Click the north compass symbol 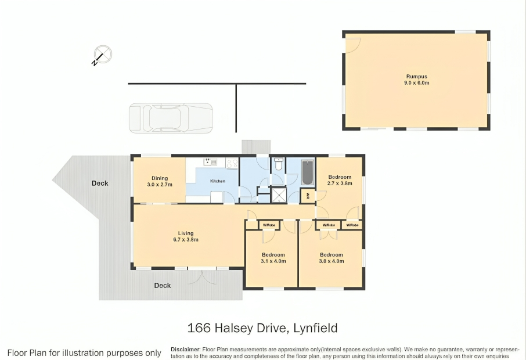(x=102, y=55)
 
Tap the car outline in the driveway (x=171, y=118)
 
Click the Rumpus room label (x=417, y=77)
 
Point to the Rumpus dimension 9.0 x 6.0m (x=417, y=83)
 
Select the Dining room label (x=160, y=178)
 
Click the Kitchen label (x=218, y=181)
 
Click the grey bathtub (x=308, y=172)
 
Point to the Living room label (x=186, y=233)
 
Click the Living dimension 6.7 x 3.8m (x=186, y=240)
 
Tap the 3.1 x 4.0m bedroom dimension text (x=273, y=261)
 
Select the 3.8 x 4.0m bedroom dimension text (x=332, y=261)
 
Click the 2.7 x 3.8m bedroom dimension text (x=340, y=183)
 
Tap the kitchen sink (x=210, y=162)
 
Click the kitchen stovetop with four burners (x=232, y=163)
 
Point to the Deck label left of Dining (x=100, y=183)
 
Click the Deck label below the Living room (x=163, y=286)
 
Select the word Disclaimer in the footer (x=186, y=350)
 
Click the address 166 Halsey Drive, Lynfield (x=262, y=328)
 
